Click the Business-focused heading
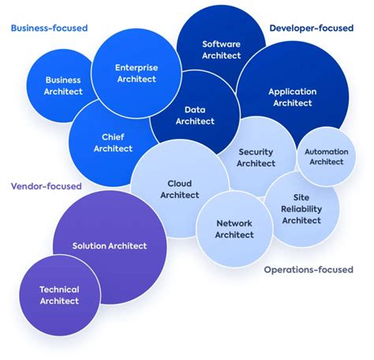click(x=48, y=28)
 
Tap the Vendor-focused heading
click(x=46, y=186)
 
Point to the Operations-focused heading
click(x=308, y=269)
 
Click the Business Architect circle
click(x=63, y=85)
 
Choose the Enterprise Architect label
click(x=137, y=73)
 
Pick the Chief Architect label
click(x=113, y=142)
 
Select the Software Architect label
click(x=221, y=50)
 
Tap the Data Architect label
click(x=195, y=115)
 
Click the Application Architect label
click(x=292, y=96)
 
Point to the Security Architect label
click(x=256, y=157)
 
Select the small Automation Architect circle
click(x=326, y=156)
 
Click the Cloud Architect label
click(x=180, y=189)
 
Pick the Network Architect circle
click(x=234, y=229)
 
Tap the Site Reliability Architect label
click(x=301, y=208)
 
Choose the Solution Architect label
click(x=110, y=246)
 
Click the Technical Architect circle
click(x=59, y=294)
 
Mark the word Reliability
click(x=301, y=208)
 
